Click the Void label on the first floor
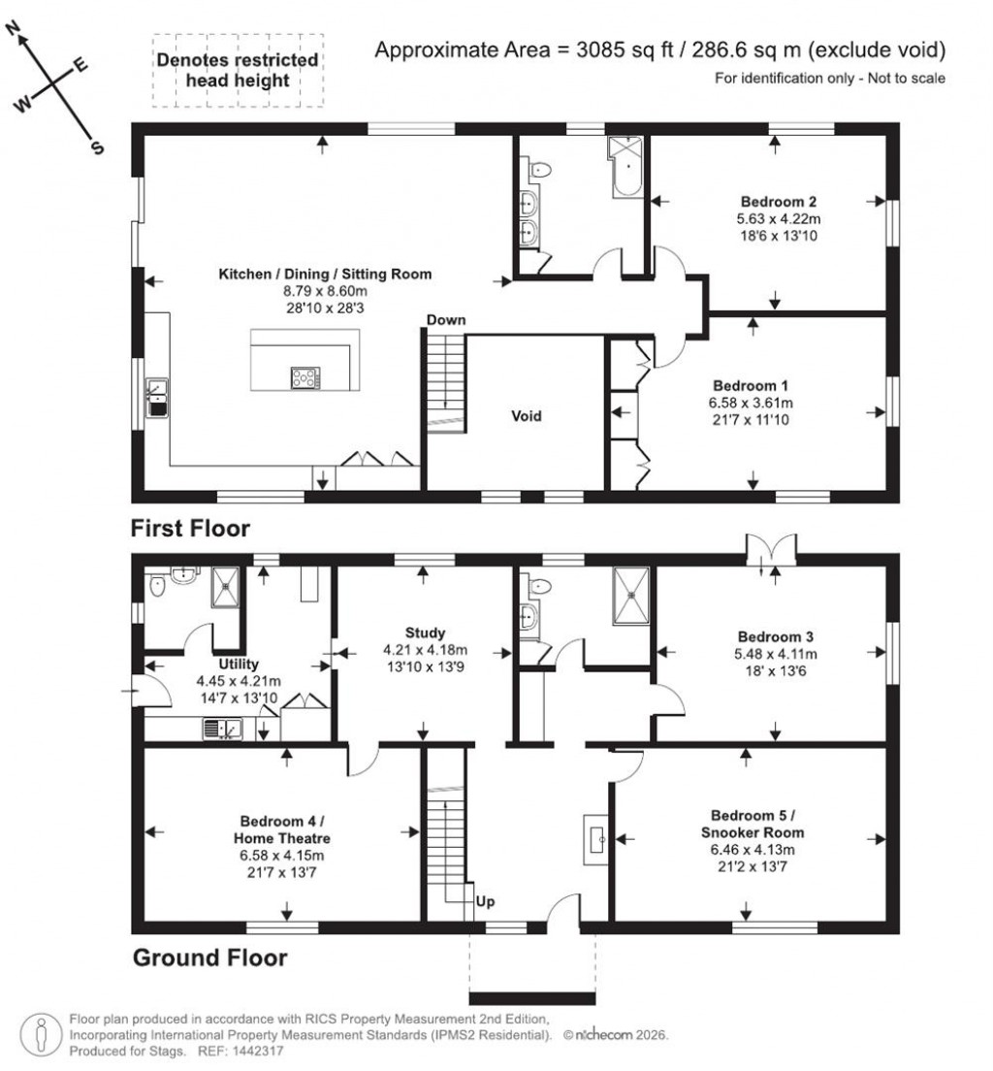(x=527, y=416)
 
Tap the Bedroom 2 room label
(x=776, y=202)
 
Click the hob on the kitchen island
(x=304, y=377)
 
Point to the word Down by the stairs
(x=445, y=319)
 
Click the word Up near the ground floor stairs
(x=486, y=901)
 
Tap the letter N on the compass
(x=15, y=32)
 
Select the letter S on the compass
(x=97, y=147)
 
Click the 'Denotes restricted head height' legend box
(x=238, y=70)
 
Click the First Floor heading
(x=191, y=529)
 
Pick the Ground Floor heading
(x=209, y=958)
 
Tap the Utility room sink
(x=222, y=727)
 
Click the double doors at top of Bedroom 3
(x=772, y=548)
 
